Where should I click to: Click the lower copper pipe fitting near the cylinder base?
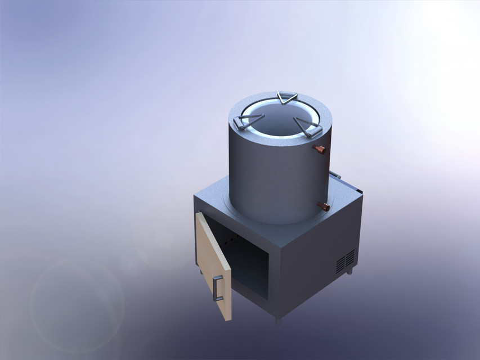click(x=323, y=206)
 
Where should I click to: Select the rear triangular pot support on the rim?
click(x=287, y=98)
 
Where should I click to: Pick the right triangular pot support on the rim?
click(x=308, y=128)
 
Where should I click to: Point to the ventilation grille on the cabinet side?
click(x=345, y=261)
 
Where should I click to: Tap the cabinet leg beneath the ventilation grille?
click(x=350, y=272)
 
